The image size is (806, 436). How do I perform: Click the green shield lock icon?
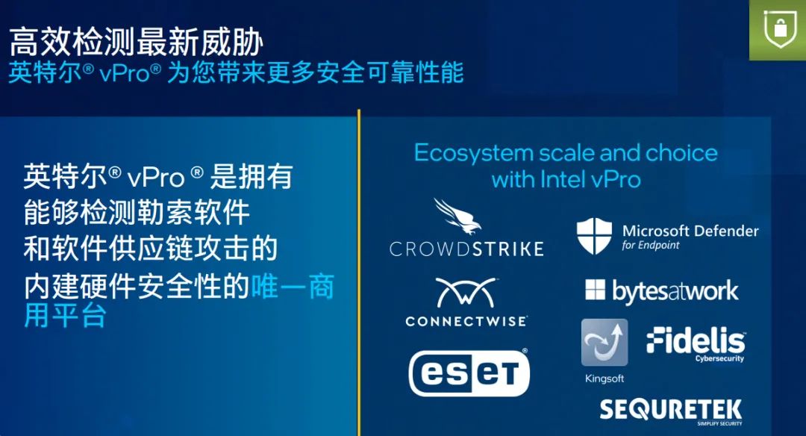[x=778, y=29]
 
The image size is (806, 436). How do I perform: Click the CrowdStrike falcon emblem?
[x=457, y=217]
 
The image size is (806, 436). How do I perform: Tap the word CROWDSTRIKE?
[x=466, y=249]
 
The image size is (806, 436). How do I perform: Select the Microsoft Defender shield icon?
[x=594, y=236]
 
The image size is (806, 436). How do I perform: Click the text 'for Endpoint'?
[x=651, y=245]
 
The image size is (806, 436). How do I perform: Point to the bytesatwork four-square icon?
[x=595, y=290]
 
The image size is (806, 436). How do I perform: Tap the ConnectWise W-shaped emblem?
[x=466, y=293]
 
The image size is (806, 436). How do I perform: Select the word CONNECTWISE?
[x=466, y=321]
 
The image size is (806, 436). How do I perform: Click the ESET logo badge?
[x=469, y=372]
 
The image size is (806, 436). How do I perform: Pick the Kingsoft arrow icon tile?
[x=604, y=343]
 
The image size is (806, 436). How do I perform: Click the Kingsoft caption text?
[x=604, y=379]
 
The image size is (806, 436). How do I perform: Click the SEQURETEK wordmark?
[x=670, y=409]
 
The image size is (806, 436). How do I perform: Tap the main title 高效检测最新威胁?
[x=136, y=43]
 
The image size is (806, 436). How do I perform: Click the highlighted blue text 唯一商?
[x=292, y=287]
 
